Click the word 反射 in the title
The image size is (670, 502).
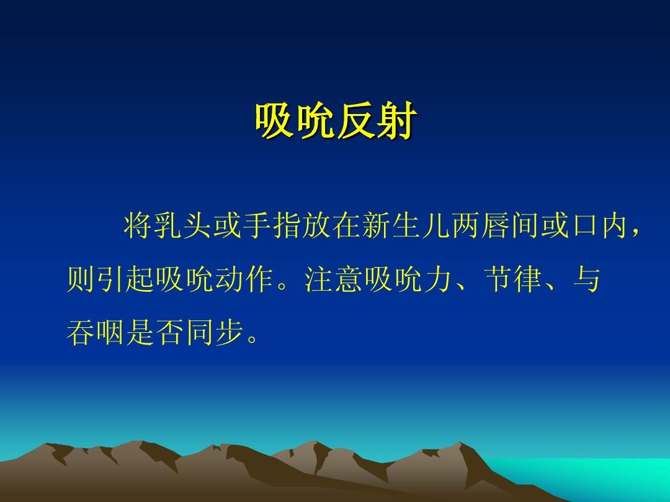(375, 121)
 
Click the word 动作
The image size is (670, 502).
(244, 280)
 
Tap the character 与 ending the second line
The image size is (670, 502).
(587, 280)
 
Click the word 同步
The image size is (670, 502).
(214, 333)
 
